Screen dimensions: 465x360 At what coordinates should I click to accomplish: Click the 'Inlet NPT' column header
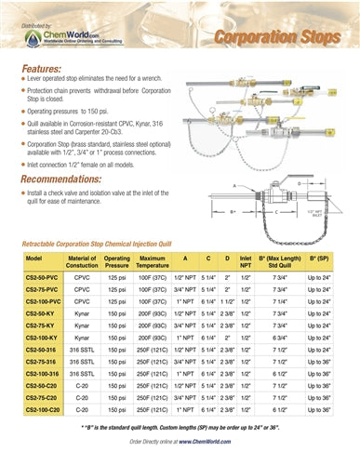[246, 261]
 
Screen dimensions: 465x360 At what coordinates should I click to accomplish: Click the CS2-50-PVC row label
[43, 277]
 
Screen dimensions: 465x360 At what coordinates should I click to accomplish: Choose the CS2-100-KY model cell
[43, 339]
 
